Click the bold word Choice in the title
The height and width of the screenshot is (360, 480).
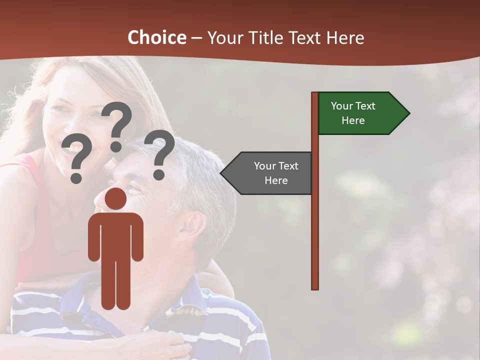pos(156,37)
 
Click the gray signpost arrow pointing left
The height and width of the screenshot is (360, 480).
pos(267,173)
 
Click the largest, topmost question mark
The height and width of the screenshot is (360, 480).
pos(117,125)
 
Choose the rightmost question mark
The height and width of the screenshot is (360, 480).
pos(159,154)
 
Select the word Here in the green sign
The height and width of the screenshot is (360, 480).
pos(353,120)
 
